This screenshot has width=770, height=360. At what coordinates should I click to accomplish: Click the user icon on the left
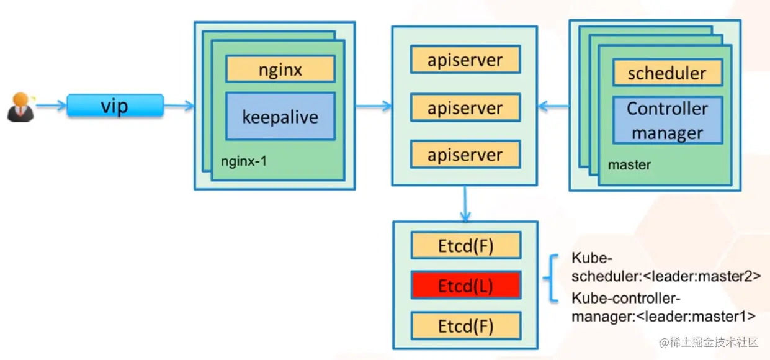pyautogui.click(x=20, y=107)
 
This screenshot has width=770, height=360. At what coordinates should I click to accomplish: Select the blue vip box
pyautogui.click(x=115, y=106)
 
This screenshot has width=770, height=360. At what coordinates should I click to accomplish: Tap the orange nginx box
pyautogui.click(x=280, y=69)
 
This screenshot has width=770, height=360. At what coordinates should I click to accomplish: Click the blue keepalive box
pyautogui.click(x=280, y=116)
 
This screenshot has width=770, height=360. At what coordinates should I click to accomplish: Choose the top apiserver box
pyautogui.click(x=465, y=61)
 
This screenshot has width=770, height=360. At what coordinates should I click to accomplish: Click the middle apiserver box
pyautogui.click(x=465, y=108)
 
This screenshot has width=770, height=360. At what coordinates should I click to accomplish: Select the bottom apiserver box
pyautogui.click(x=465, y=155)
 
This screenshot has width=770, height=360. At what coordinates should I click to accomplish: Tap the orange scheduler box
pyautogui.click(x=667, y=73)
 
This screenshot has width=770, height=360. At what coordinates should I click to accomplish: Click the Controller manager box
pyautogui.click(x=667, y=120)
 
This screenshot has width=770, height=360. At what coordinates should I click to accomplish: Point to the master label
pyautogui.click(x=629, y=165)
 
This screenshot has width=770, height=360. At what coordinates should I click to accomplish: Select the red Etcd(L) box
pyautogui.click(x=465, y=286)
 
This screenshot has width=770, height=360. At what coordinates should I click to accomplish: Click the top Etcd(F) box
pyautogui.click(x=465, y=246)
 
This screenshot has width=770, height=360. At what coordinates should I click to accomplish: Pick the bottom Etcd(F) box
pyautogui.click(x=465, y=325)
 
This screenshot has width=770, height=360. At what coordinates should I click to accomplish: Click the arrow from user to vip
pyautogui.click(x=51, y=106)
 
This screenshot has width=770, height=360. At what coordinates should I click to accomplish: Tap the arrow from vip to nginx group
pyautogui.click(x=179, y=107)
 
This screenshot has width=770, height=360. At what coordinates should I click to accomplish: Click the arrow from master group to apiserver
pyautogui.click(x=553, y=107)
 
